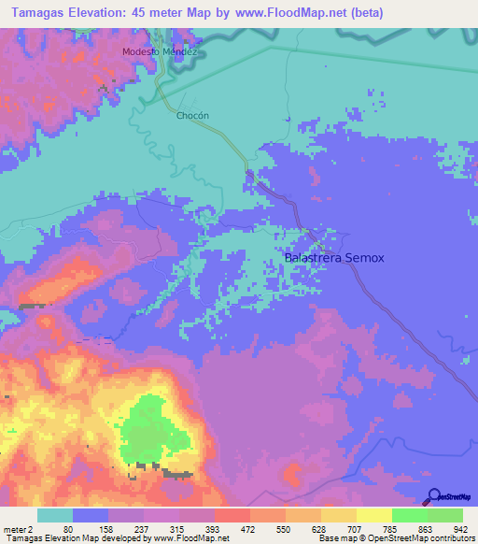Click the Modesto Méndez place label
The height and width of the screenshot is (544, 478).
[162, 52]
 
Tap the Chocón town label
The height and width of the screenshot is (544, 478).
[191, 116]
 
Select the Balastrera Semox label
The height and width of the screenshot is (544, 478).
[333, 257]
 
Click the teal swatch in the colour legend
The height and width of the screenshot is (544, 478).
[55, 515]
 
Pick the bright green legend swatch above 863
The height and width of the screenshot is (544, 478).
[410, 515]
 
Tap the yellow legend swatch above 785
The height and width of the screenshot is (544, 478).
[374, 515]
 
